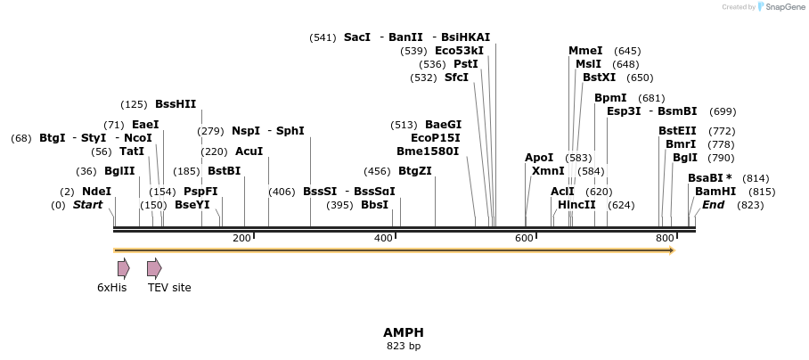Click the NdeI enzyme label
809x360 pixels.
[x=96, y=192]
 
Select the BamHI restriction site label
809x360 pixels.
[x=715, y=192]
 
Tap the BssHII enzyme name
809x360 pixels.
[x=176, y=104]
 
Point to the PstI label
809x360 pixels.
[x=466, y=64]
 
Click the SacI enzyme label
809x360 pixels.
[x=356, y=37]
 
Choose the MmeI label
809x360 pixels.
[x=585, y=51]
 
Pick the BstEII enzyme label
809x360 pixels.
[x=678, y=131]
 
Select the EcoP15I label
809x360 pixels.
[x=436, y=138]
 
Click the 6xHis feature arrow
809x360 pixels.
[x=123, y=268]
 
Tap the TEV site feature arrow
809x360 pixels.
[x=154, y=268]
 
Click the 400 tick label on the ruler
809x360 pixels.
[x=383, y=238]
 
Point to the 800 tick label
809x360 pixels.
[x=665, y=238]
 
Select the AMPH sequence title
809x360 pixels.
[x=404, y=332]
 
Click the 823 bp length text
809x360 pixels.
[x=404, y=346]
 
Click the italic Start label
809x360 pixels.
[x=87, y=205]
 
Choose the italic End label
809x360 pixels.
[x=714, y=205]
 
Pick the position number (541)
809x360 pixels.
[x=323, y=37]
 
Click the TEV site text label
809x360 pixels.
[x=169, y=288]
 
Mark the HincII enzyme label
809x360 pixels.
[x=576, y=205]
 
